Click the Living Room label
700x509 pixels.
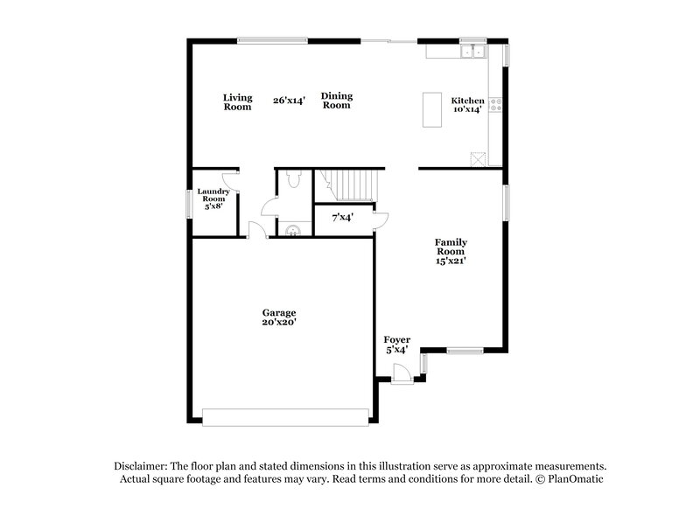tap(237, 101)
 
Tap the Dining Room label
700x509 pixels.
tap(336, 101)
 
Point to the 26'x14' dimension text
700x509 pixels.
tap(289, 101)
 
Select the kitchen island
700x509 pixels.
tap(431, 109)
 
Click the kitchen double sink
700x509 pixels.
tap(473, 52)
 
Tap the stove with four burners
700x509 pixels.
tap(497, 106)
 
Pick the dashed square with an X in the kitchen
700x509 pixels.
tap(477, 158)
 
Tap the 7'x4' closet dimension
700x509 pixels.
tap(342, 217)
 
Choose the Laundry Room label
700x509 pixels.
tap(213, 199)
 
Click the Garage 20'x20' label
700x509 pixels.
tap(280, 317)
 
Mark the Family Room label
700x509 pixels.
tap(452, 251)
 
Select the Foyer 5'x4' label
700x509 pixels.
tap(397, 344)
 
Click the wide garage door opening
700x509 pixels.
tap(285, 416)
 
